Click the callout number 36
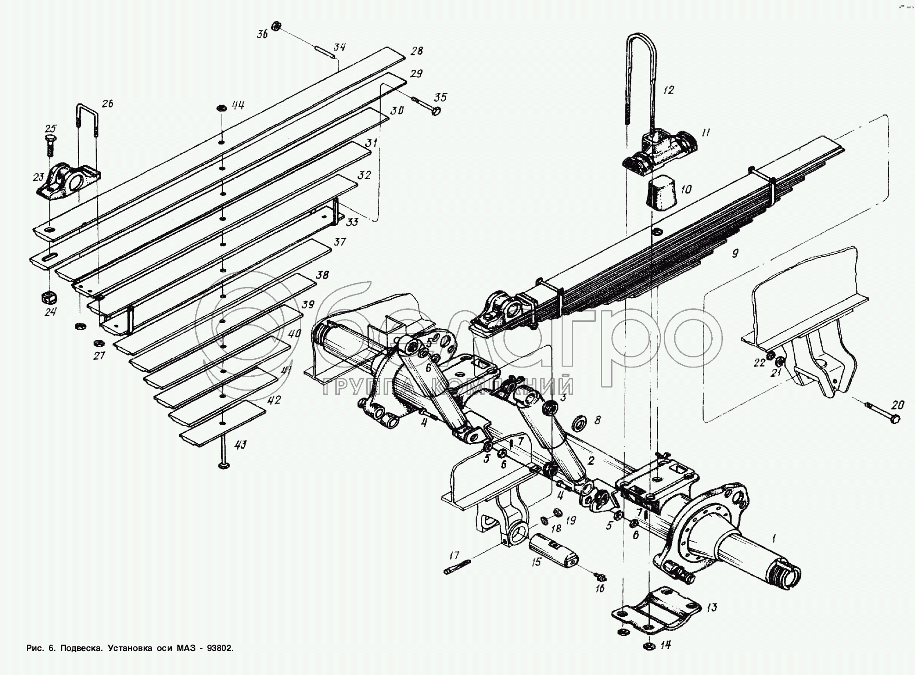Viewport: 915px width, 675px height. click(262, 35)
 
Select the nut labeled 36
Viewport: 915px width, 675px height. click(276, 25)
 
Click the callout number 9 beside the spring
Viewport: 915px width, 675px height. click(734, 253)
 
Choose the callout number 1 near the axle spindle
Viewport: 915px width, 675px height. click(774, 538)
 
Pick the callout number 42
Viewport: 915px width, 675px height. click(274, 400)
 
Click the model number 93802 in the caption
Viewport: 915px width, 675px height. click(218, 648)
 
